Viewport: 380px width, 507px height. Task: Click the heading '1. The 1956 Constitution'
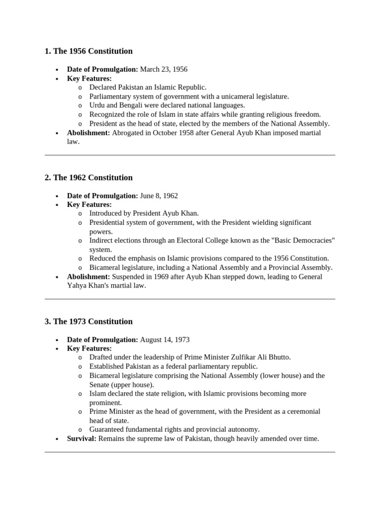tap(89, 51)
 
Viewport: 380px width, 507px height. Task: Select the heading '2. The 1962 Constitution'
tap(89, 177)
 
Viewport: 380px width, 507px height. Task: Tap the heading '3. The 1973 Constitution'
tap(89, 321)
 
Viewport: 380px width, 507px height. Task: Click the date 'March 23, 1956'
tap(164, 69)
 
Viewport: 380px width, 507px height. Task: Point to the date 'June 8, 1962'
tap(159, 196)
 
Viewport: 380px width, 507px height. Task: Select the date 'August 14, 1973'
tap(165, 340)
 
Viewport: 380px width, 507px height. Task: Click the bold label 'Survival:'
tap(82, 438)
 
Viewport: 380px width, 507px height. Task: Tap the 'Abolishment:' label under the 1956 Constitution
tap(89, 133)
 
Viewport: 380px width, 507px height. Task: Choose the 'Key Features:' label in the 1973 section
tap(89, 349)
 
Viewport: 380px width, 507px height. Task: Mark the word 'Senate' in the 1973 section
tap(101, 385)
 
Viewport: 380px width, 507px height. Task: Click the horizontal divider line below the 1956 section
tap(190, 155)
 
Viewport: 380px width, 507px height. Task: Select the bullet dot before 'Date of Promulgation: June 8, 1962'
tap(57, 196)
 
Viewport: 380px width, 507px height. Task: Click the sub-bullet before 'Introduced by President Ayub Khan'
tap(80, 213)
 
